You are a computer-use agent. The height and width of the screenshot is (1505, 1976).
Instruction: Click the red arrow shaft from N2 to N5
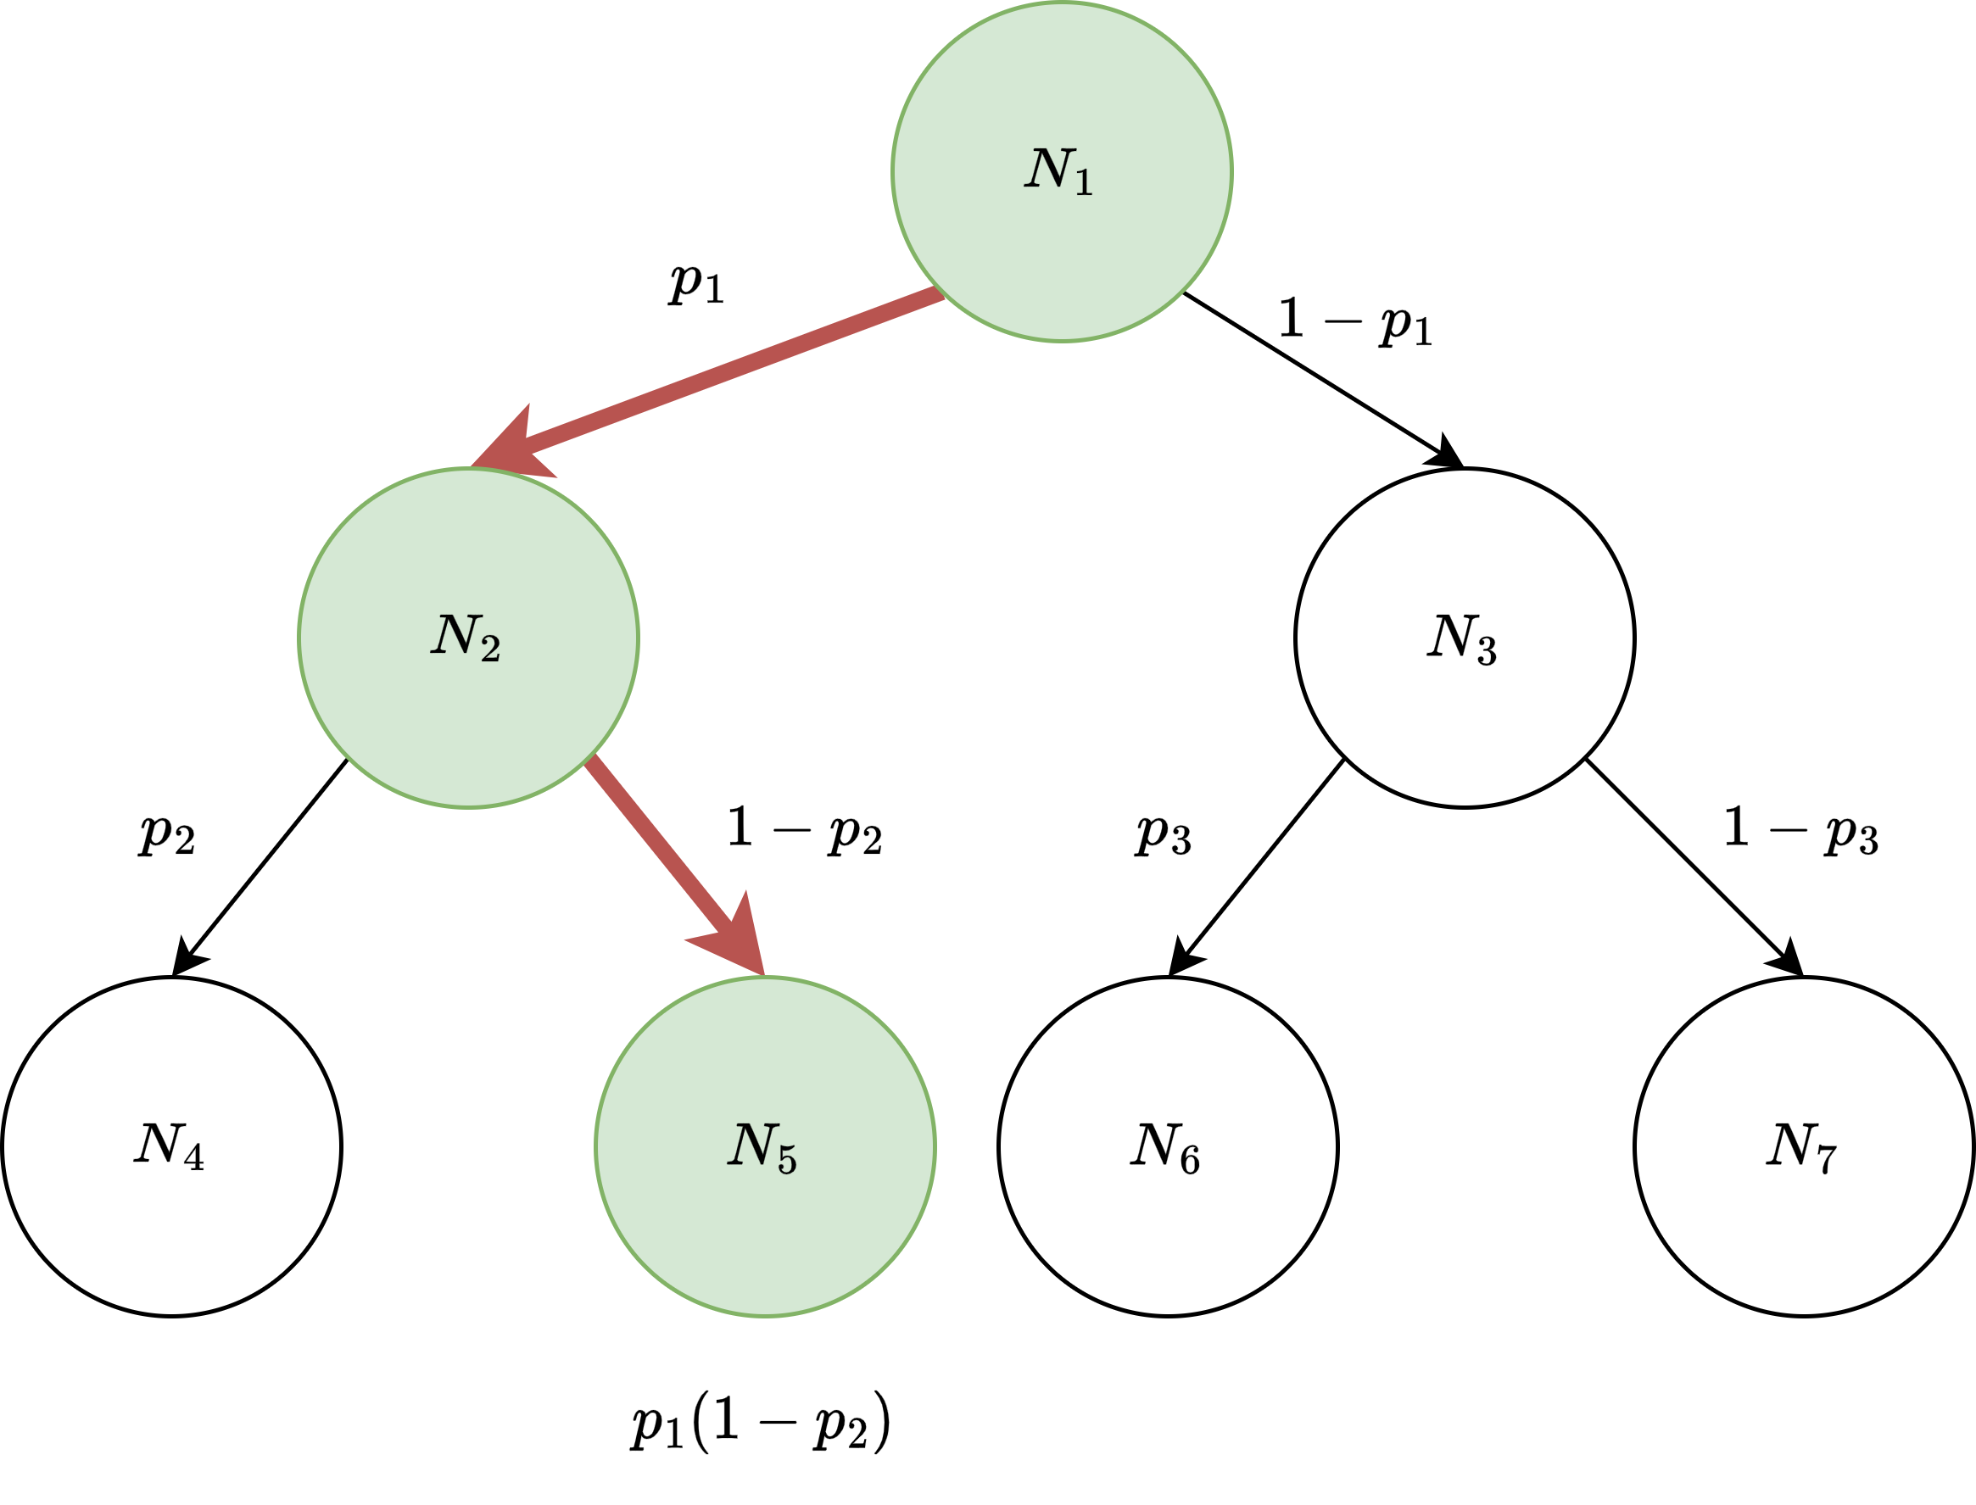[x=659, y=846]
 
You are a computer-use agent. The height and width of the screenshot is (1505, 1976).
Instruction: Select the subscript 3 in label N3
[x=1487, y=652]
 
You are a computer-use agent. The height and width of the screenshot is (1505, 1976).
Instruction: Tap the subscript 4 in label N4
[x=193, y=1158]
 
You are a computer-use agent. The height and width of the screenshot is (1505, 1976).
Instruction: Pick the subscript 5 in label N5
[x=787, y=1160]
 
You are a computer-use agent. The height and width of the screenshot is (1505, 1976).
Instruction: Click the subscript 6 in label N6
[x=1190, y=1160]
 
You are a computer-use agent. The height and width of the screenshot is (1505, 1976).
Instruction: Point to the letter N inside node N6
[x=1153, y=1144]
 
